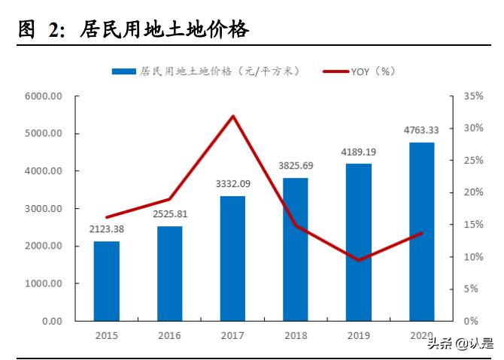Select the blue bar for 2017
pos(232,259)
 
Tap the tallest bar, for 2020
pos(421,231)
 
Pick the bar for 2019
pos(358,242)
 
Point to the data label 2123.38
pos(106,229)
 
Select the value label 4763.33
pos(421,129)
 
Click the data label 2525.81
pos(169,214)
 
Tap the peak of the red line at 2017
pos(233,116)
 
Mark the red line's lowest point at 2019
pos(359,260)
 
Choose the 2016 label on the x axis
pos(169,336)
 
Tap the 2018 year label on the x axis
pos(296,336)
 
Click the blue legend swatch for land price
pos(123,71)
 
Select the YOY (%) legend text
pos(372,71)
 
